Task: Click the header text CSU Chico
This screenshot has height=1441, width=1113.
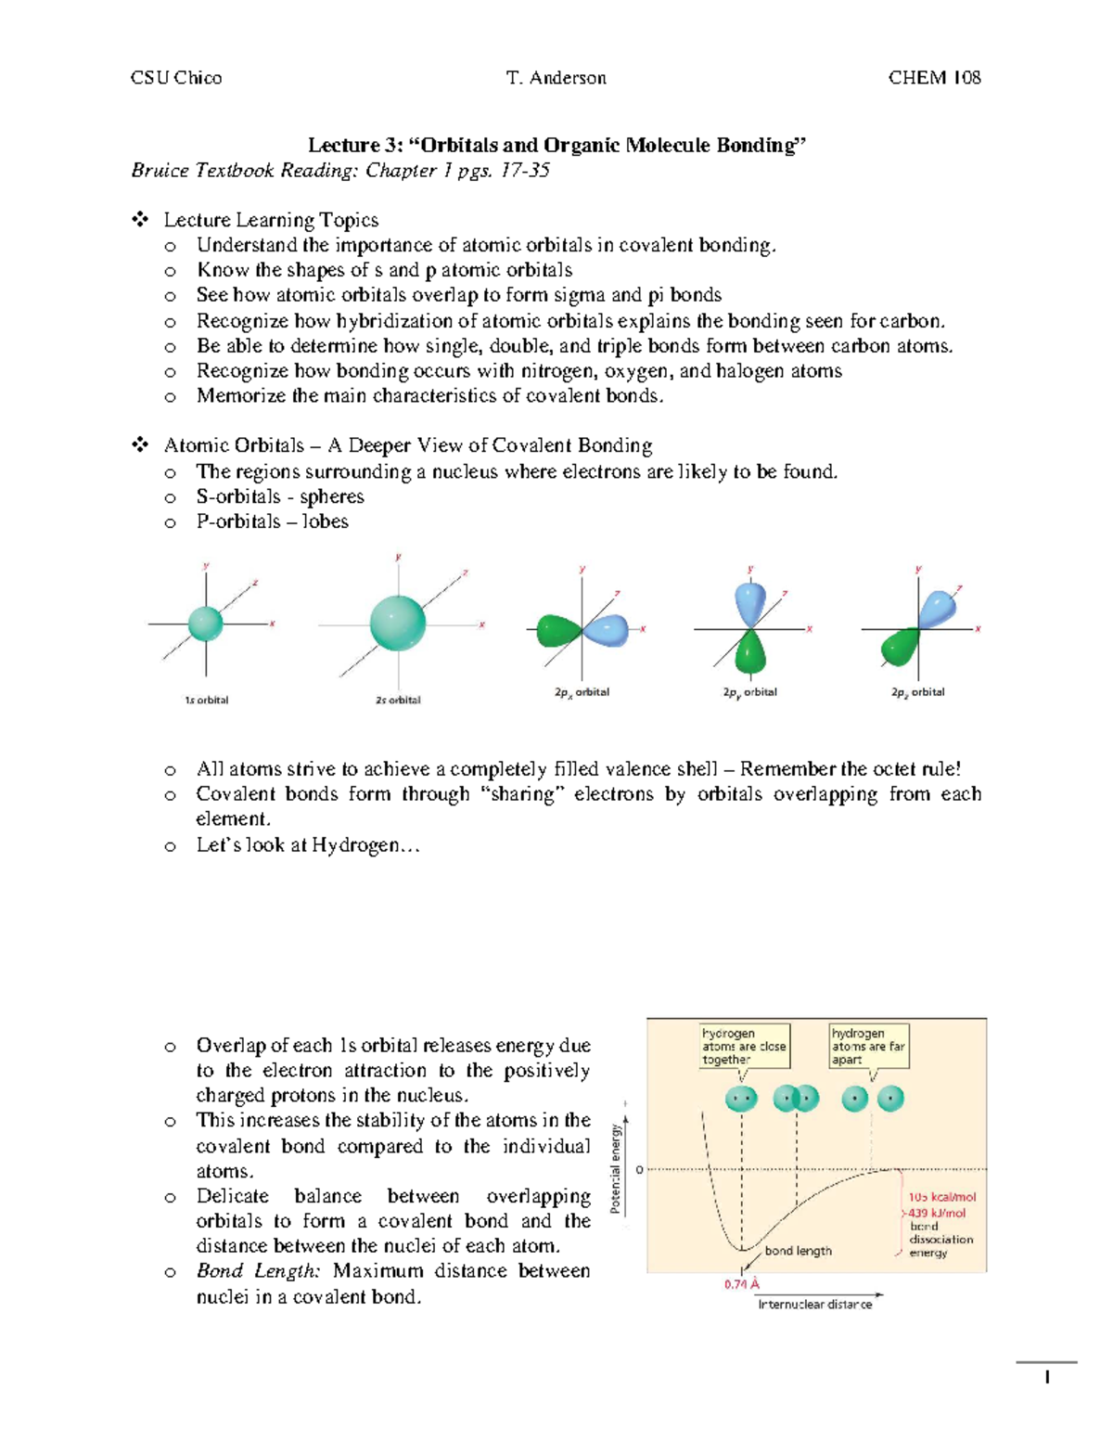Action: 176,78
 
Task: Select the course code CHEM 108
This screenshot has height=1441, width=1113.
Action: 934,78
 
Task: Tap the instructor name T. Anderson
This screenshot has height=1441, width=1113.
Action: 556,78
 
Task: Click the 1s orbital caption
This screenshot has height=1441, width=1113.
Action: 206,700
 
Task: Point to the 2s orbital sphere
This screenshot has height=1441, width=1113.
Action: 398,623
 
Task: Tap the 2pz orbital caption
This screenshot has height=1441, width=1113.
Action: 917,692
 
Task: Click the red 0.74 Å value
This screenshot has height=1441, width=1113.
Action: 742,1284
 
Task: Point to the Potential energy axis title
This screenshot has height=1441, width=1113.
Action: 615,1168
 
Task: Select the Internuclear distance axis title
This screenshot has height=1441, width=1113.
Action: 814,1305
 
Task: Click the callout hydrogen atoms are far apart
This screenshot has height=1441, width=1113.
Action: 868,1046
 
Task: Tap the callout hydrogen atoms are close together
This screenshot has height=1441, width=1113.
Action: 744,1046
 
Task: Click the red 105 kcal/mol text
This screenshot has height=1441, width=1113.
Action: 941,1197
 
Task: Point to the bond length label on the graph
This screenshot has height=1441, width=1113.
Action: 798,1251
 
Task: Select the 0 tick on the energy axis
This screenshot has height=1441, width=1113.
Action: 639,1170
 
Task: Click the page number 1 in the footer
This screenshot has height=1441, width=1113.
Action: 1046,1377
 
